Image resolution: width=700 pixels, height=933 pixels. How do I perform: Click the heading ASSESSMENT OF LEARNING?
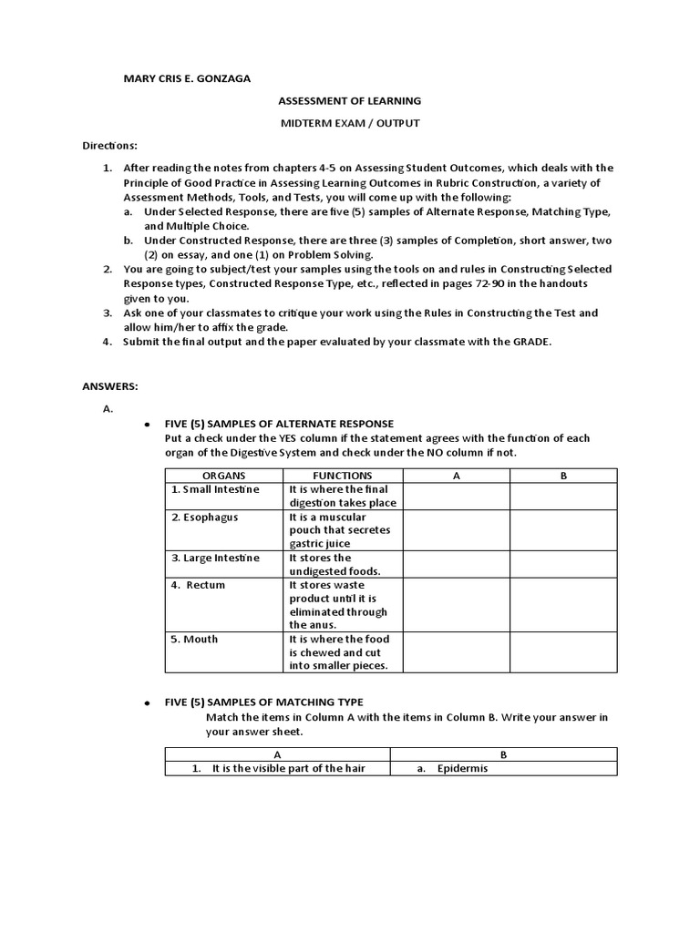click(349, 101)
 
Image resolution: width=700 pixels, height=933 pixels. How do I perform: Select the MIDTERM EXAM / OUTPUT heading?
click(349, 122)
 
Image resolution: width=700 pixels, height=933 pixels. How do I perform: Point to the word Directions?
click(109, 145)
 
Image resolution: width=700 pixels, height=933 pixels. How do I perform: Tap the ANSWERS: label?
click(109, 386)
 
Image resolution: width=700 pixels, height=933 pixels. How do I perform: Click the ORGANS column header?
click(223, 476)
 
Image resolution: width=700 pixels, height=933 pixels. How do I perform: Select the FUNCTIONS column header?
click(342, 476)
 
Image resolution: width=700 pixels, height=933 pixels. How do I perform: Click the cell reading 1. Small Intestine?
click(216, 489)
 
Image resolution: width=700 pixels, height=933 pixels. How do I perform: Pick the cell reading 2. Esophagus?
click(205, 517)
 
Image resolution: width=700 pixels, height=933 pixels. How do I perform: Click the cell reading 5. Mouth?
click(195, 639)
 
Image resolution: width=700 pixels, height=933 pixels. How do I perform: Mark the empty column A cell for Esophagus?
click(455, 530)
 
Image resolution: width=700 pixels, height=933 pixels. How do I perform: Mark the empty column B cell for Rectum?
click(562, 605)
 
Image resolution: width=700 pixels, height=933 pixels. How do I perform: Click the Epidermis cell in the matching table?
click(462, 769)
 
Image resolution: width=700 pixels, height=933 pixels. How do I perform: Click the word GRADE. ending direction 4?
click(531, 342)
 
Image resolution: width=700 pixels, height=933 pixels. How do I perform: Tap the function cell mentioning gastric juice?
click(342, 530)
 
